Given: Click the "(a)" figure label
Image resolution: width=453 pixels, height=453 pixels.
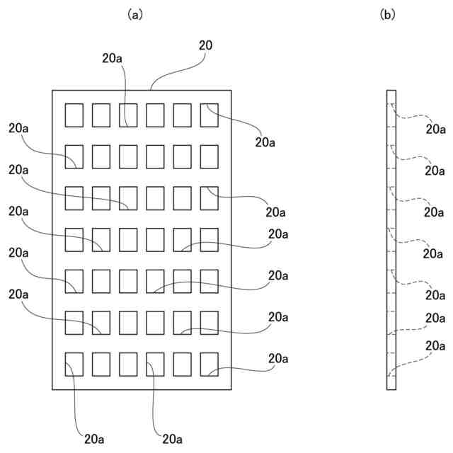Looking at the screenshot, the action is click(135, 15).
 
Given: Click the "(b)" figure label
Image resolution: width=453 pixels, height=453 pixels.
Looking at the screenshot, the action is click(387, 15).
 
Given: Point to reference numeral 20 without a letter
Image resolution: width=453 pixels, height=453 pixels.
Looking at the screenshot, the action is click(205, 45).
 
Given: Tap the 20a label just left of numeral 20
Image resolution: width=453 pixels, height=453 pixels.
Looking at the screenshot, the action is click(112, 58).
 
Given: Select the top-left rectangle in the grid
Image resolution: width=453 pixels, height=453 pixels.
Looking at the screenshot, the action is click(74, 115).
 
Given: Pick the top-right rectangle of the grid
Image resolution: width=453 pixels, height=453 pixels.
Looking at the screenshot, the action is click(210, 115).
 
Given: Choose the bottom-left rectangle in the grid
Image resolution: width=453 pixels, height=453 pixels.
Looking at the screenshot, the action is click(74, 365).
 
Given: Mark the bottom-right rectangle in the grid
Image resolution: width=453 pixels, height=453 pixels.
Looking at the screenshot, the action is click(210, 365).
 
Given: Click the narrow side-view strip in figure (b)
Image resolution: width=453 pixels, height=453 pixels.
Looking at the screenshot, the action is click(391, 240).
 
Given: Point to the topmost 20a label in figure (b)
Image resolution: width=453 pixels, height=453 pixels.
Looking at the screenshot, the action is click(435, 129).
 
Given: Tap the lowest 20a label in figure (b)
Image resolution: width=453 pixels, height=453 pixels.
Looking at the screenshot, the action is click(435, 346).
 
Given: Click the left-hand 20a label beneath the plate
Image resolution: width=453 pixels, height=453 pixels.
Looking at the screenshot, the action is click(94, 440).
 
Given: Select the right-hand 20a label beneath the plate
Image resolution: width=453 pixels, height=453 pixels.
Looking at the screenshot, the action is click(172, 440).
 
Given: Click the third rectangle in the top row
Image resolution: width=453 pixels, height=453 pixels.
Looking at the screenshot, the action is click(128, 115).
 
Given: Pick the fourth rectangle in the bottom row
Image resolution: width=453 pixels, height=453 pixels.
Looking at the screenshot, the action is click(155, 365).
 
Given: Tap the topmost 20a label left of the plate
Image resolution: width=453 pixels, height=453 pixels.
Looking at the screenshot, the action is click(18, 128).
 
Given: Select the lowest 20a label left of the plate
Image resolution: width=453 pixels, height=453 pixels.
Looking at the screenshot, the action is click(18, 294).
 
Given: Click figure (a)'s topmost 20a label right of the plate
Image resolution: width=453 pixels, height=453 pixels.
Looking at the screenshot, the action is click(265, 142).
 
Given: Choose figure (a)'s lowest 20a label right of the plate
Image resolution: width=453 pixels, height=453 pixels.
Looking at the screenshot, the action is click(278, 359).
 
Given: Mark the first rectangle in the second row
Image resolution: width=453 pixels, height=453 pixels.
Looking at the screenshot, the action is click(74, 157).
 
